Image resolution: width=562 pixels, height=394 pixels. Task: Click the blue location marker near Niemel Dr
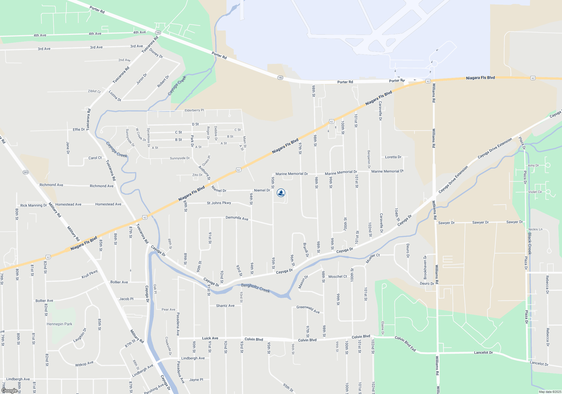[x=281, y=193]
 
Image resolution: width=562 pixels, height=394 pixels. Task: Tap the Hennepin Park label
[x=59, y=324]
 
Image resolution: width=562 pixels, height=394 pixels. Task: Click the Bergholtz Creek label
[x=255, y=288]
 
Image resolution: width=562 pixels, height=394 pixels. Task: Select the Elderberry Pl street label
[x=194, y=110]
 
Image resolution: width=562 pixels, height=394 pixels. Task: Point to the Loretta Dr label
[x=393, y=157]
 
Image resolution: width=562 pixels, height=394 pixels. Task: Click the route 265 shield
[x=26, y=172]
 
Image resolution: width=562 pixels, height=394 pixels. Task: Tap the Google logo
[x=9, y=391]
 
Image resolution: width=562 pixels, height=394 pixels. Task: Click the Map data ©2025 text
[x=550, y=392]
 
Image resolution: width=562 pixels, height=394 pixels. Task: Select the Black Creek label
[x=530, y=243]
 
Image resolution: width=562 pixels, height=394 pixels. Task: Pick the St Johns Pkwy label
[x=219, y=203]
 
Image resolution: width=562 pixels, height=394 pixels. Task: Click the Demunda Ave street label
[x=237, y=218]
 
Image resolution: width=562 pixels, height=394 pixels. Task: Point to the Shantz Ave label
[x=225, y=306]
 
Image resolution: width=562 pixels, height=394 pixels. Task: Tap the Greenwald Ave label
[x=308, y=309]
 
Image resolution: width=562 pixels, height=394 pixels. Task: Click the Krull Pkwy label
[x=90, y=274]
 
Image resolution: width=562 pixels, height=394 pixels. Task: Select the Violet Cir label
[x=535, y=192]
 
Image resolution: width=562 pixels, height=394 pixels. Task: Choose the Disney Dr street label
[x=156, y=53]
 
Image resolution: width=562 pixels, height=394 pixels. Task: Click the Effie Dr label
[x=79, y=129]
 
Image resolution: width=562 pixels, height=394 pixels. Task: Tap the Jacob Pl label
[x=126, y=299]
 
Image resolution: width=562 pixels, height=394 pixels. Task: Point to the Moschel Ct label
[x=337, y=277]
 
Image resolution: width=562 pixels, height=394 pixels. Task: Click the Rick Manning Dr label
[x=33, y=205]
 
